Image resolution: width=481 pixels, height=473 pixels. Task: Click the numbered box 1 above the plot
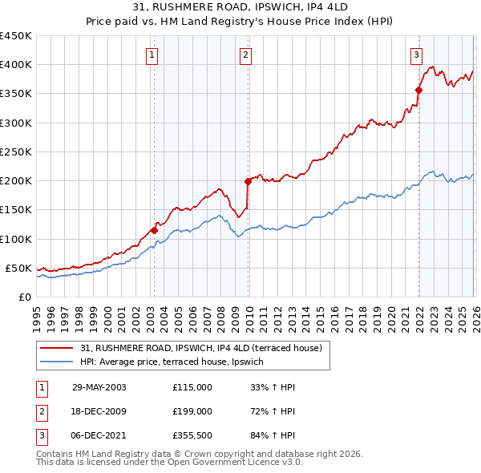(x=152, y=55)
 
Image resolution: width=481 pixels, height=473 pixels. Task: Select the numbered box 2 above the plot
(x=245, y=55)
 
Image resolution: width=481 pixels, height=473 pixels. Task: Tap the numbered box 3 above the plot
(x=416, y=55)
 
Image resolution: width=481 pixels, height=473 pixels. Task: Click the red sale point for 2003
(x=154, y=230)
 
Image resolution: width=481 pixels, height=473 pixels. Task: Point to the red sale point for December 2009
(x=248, y=181)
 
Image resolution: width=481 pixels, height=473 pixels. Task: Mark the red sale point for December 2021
(x=418, y=90)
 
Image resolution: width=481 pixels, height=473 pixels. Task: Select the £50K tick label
(x=19, y=268)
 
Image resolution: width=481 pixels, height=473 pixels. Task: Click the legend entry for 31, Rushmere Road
(x=200, y=348)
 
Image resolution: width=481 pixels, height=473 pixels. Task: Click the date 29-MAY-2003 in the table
(x=99, y=387)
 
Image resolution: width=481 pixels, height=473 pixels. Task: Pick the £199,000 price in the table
(x=192, y=410)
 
